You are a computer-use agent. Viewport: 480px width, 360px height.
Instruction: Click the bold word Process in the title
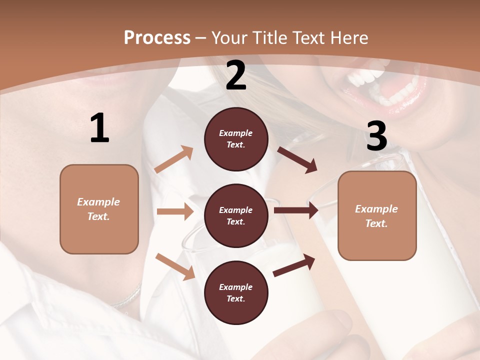coord(157,37)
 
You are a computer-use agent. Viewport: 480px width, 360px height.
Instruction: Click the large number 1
coord(99,128)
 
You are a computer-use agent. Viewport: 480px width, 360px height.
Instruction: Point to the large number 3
coord(376,136)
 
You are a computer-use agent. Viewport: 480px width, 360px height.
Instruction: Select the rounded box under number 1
coord(99,209)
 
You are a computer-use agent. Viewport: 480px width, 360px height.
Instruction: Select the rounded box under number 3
coord(377,215)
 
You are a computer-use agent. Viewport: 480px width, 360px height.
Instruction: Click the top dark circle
coord(236,139)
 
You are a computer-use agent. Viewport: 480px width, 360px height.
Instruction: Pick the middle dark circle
coord(236,215)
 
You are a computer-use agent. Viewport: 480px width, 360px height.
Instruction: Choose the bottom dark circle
coord(236,292)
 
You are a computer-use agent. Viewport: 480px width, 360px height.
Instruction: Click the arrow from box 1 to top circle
coord(174,159)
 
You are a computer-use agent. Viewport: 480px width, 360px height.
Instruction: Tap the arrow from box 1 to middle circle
coord(175,211)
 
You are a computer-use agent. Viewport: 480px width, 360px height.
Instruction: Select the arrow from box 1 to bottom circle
coord(175,266)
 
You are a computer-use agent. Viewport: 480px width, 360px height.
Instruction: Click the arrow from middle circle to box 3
coord(296,210)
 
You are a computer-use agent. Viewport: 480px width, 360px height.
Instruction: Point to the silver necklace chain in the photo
coord(127,297)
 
